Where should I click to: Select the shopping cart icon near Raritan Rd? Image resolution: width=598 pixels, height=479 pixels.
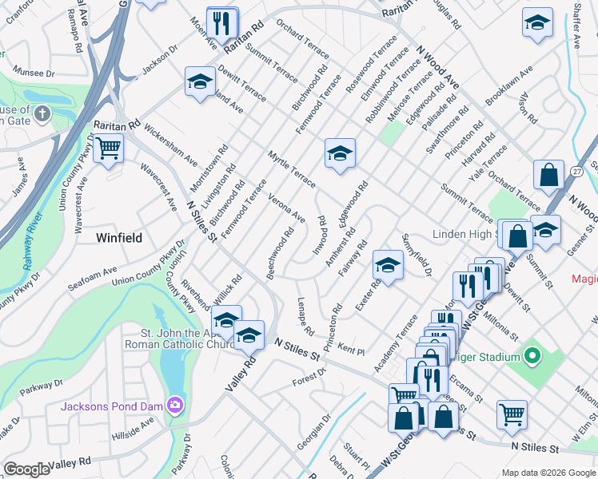[x=108, y=148]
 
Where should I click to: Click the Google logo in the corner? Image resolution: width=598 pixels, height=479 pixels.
[x=26, y=469]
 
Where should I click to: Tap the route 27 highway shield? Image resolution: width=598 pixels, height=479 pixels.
[x=576, y=171]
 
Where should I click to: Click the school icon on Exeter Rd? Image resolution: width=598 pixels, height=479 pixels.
[x=388, y=265]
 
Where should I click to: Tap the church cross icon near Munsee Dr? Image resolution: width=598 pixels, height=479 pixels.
[x=42, y=114]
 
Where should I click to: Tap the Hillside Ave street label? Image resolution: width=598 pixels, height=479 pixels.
[x=133, y=427]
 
